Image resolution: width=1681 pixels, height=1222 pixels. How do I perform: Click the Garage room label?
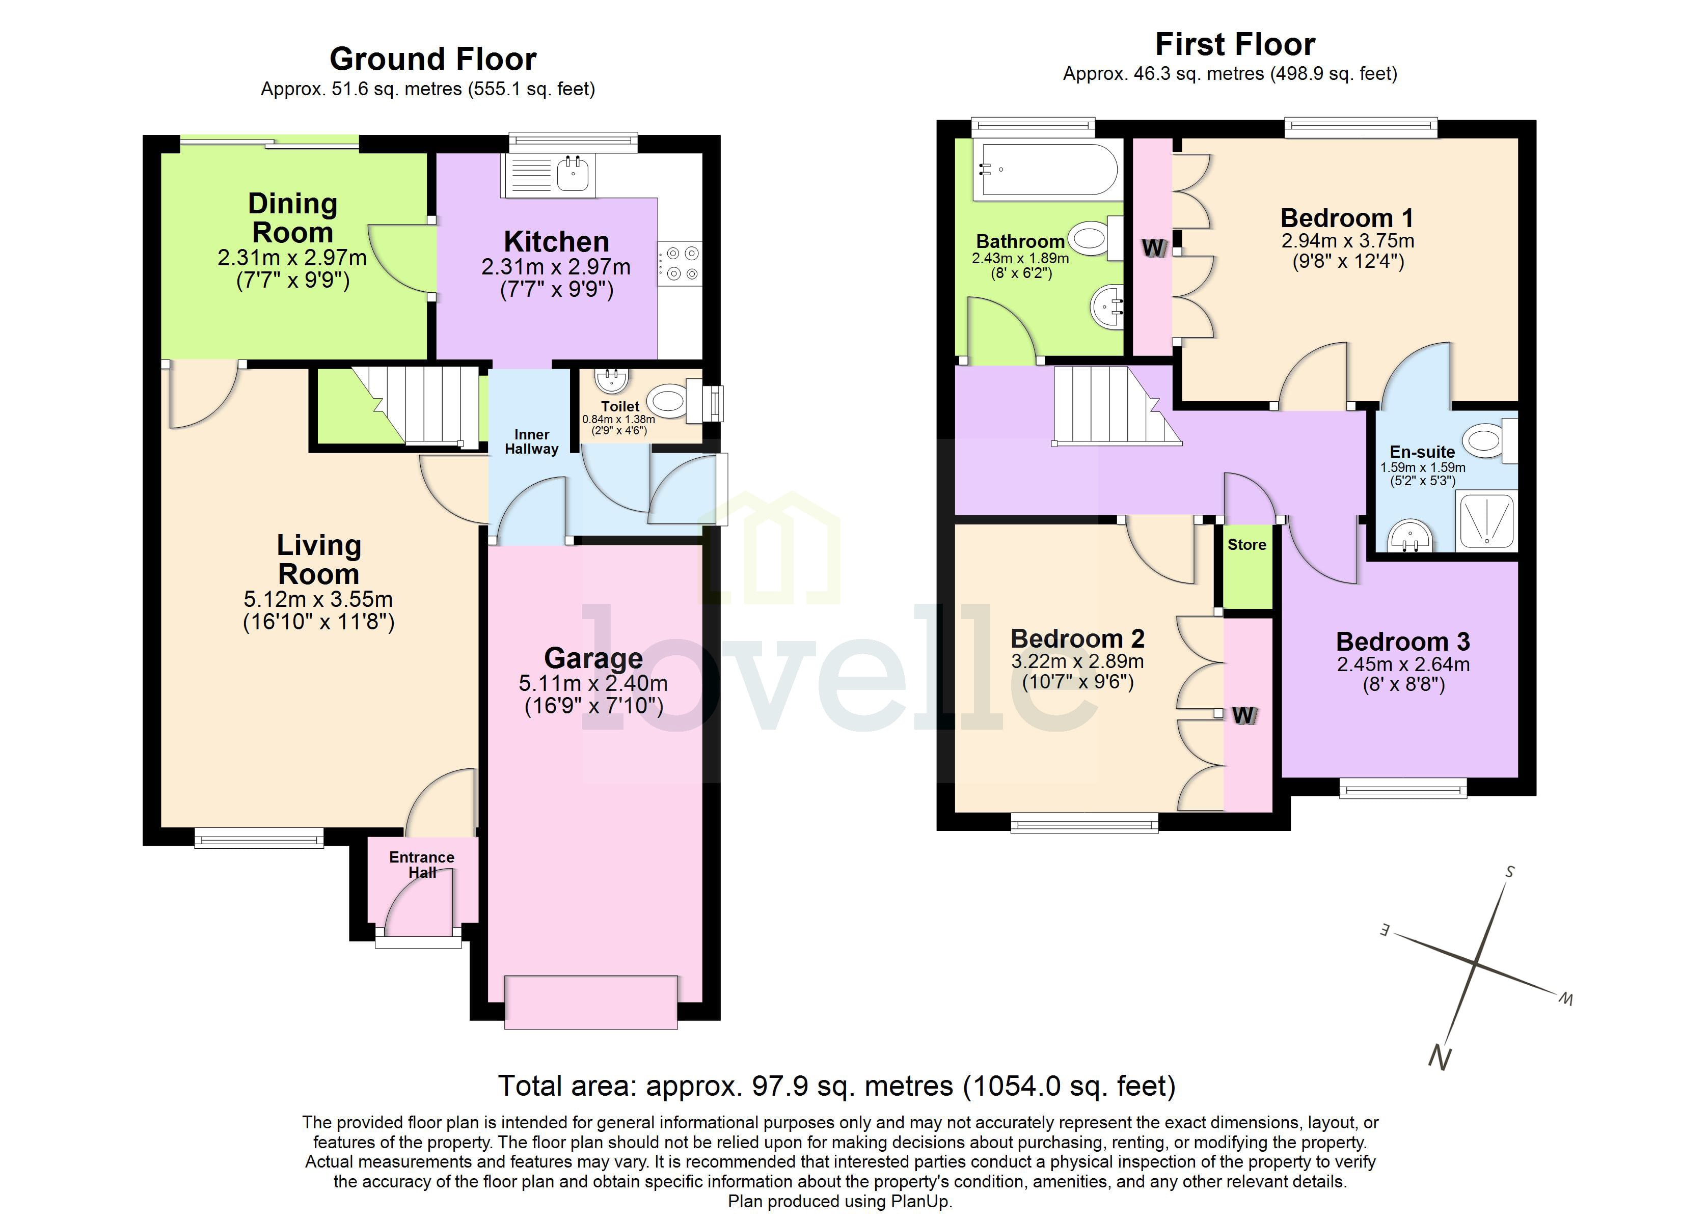tap(593, 658)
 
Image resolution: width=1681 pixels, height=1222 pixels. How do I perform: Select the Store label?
tap(1246, 545)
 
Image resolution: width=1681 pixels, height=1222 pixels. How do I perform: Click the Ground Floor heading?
tap(433, 59)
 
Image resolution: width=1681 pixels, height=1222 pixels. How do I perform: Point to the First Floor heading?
tap(1235, 44)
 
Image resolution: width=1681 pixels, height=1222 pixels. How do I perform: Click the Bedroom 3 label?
tap(1402, 641)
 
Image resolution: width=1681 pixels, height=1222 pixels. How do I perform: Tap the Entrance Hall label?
tap(422, 865)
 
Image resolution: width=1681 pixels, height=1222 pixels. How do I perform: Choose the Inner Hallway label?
tap(531, 441)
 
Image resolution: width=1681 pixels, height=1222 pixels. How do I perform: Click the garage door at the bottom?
tap(591, 1002)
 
